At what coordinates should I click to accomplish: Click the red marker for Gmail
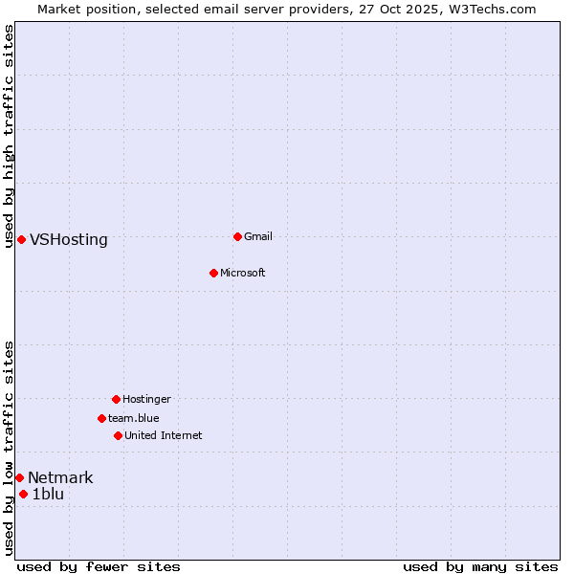(x=237, y=236)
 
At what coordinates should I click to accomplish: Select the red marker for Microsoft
(x=213, y=273)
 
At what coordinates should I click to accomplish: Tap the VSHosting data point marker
(x=21, y=239)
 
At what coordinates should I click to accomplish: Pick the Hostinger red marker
(x=116, y=399)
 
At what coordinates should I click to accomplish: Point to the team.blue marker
(x=101, y=418)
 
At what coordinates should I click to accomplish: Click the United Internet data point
(x=118, y=435)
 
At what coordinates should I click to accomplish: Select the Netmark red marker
(x=19, y=477)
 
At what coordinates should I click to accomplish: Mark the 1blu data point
(x=23, y=494)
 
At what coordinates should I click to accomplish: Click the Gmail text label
(x=258, y=236)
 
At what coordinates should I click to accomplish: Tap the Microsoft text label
(x=243, y=273)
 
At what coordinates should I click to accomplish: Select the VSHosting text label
(x=69, y=240)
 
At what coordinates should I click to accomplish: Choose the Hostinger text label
(x=146, y=399)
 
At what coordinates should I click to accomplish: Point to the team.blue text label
(x=134, y=418)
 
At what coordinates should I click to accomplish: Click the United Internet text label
(x=164, y=435)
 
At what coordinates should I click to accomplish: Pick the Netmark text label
(x=60, y=478)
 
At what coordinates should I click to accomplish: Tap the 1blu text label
(x=48, y=495)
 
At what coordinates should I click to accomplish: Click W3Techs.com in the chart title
(x=490, y=9)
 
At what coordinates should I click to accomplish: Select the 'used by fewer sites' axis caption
(x=99, y=566)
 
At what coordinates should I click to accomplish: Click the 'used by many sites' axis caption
(x=480, y=566)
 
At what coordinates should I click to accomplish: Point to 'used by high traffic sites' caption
(x=10, y=136)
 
